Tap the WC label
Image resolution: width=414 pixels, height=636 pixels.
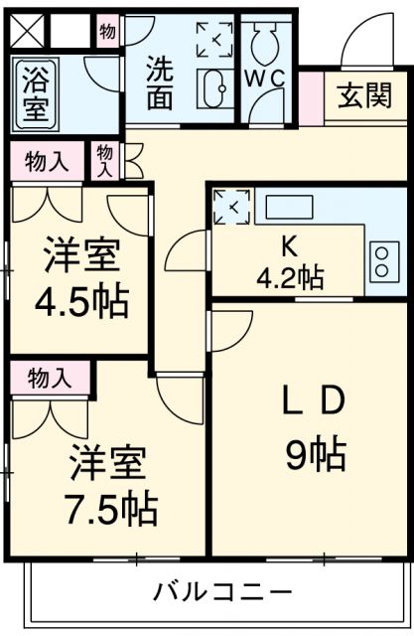(265, 78)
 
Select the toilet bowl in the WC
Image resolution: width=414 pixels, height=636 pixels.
(266, 41)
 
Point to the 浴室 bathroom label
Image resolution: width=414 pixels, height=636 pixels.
(34, 94)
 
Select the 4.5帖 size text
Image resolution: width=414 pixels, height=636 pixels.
(83, 301)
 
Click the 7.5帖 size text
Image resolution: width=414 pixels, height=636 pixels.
(112, 509)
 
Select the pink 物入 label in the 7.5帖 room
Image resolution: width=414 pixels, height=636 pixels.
(49, 377)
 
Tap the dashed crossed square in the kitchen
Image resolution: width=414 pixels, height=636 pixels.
(230, 207)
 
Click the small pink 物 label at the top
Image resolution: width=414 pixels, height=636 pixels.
(108, 32)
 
